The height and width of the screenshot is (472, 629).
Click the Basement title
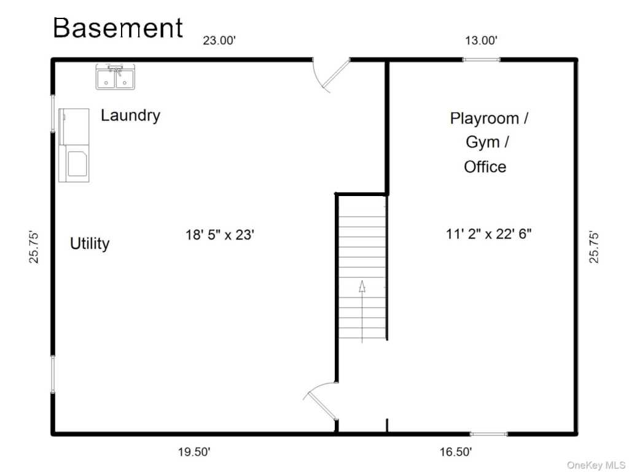[x=118, y=28]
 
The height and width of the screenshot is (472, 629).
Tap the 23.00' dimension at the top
[x=219, y=41]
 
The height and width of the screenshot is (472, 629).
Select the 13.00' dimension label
[x=482, y=41]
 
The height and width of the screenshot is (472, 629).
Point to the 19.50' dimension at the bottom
[x=194, y=452]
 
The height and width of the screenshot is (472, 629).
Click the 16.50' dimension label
[x=456, y=452]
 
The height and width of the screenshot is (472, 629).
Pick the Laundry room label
[x=130, y=116]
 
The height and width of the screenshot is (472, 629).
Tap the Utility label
[x=90, y=243]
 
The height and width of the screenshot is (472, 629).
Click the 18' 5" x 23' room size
[x=220, y=234]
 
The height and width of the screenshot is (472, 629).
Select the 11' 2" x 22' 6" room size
[x=488, y=234]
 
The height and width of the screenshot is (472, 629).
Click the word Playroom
[x=485, y=119]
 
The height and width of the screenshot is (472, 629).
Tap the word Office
[x=485, y=167]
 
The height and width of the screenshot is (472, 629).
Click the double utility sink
[x=115, y=77]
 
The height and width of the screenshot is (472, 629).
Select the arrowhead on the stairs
[x=362, y=286]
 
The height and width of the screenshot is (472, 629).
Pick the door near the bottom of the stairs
[x=321, y=401]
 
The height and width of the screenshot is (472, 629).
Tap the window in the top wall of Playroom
[x=482, y=60]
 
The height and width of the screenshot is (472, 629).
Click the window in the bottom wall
[x=488, y=434]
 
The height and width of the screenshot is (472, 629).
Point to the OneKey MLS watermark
[x=596, y=465]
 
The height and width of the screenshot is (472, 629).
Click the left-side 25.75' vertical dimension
[x=34, y=247]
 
